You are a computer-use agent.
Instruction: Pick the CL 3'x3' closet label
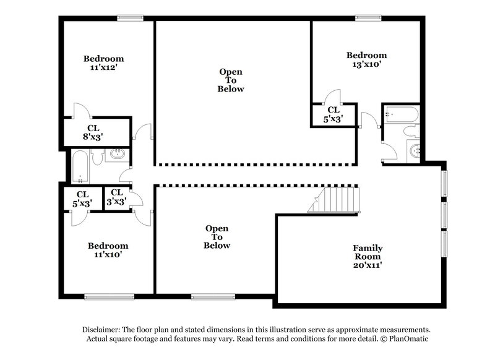(117, 198)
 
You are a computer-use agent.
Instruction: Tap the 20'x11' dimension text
(368, 266)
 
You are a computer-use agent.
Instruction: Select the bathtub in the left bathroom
(79, 166)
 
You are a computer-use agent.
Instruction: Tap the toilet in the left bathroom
(96, 159)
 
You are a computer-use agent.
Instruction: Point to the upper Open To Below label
(231, 80)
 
